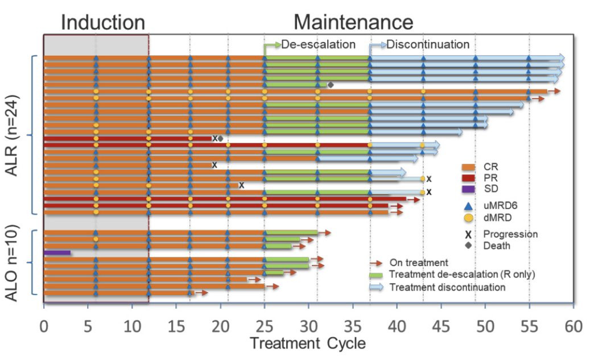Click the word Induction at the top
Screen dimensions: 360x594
point(103,22)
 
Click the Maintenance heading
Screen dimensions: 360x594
point(353,22)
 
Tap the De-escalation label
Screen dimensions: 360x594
point(319,44)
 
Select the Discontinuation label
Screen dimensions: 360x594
point(428,44)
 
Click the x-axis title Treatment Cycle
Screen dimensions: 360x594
point(307,343)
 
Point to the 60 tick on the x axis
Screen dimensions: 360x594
point(574,328)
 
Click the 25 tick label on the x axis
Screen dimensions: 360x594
point(265,328)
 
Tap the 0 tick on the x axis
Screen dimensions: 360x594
point(44,328)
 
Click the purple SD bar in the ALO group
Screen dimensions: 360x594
point(57,252)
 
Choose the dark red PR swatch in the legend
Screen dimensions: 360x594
point(469,178)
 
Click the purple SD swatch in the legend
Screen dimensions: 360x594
point(469,189)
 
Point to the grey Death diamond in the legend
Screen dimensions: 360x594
point(469,246)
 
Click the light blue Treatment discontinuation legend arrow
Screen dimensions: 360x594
point(377,287)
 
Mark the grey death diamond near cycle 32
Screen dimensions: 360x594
point(331,85)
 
